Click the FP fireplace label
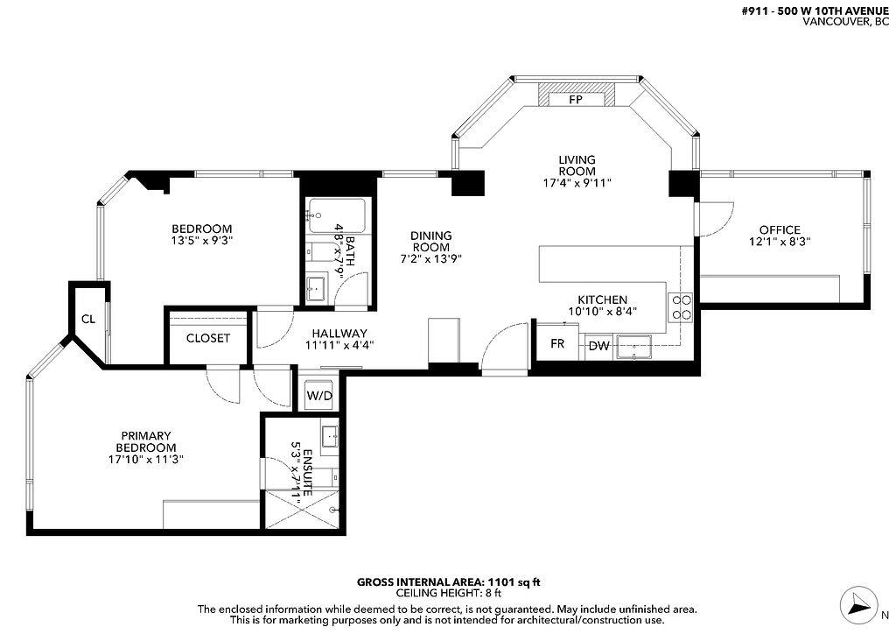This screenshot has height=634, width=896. [576, 100]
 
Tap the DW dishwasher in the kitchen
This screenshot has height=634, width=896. [598, 345]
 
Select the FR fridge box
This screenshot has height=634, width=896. [557, 343]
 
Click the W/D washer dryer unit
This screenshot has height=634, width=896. [318, 395]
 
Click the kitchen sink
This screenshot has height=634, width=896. [633, 347]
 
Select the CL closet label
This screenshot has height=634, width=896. [88, 319]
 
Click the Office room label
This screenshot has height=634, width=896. [780, 229]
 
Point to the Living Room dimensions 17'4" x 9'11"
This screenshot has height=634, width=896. [577, 183]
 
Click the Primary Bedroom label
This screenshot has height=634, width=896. [146, 441]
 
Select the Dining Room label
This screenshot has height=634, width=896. [430, 241]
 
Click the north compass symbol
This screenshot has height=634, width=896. [858, 604]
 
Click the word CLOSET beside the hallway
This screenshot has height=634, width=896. [208, 338]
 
